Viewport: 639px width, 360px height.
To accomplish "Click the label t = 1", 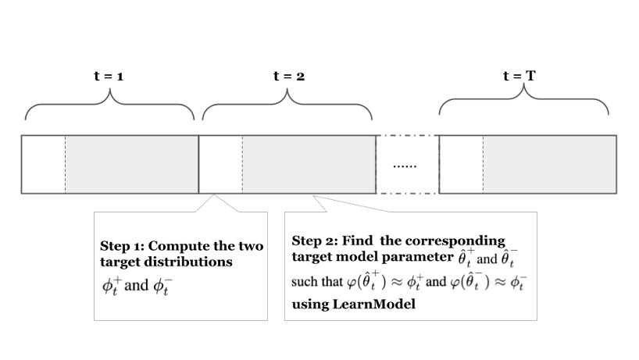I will tap(109, 77).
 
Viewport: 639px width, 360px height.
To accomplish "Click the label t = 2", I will tap(288, 77).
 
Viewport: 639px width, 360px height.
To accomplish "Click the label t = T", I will tap(519, 77).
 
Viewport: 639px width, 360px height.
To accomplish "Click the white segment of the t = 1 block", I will tap(43, 165).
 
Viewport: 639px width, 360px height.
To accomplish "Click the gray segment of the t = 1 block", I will tap(131, 165).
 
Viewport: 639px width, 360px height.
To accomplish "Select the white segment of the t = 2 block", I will tap(221, 165).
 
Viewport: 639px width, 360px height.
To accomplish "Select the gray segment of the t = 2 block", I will tap(309, 165).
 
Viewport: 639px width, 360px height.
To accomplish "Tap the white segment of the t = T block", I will tap(461, 165).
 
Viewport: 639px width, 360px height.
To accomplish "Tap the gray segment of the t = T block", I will tap(549, 165).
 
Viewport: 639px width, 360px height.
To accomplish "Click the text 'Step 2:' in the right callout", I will tap(314, 241).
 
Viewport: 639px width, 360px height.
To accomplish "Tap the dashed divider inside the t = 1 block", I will tap(65, 165).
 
